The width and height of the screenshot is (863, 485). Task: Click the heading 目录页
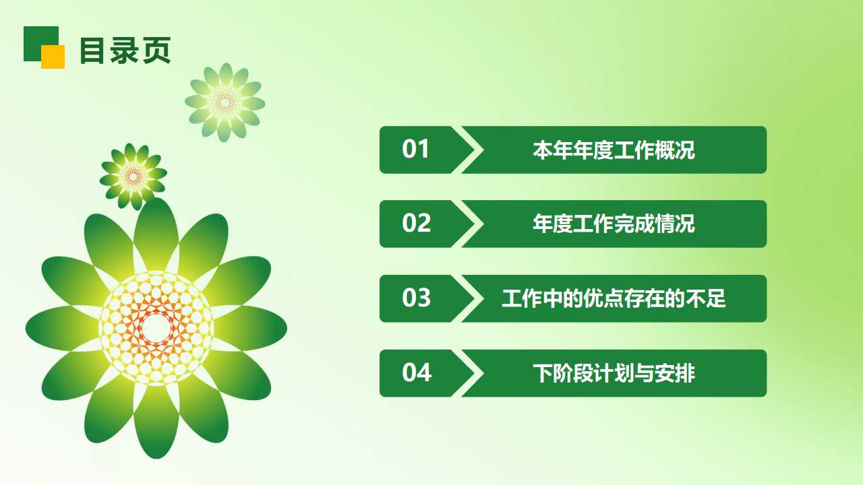(x=125, y=51)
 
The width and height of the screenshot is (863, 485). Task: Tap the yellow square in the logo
(x=53, y=57)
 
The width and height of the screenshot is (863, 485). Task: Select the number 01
(x=415, y=150)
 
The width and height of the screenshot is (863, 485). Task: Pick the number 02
(x=416, y=224)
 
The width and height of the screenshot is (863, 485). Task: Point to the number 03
(x=416, y=298)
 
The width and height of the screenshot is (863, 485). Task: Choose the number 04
(x=416, y=373)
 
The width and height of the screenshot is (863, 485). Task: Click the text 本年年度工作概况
(x=614, y=150)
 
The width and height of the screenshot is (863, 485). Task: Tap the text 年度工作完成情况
(x=614, y=224)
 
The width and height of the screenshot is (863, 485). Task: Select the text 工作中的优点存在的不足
(x=614, y=298)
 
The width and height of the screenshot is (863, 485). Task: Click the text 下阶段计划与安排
(x=614, y=373)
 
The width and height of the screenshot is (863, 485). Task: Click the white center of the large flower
(x=156, y=328)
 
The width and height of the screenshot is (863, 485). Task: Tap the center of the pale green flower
(x=225, y=102)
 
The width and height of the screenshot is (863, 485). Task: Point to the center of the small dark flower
(x=133, y=176)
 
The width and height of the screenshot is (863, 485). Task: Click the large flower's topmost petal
(x=156, y=229)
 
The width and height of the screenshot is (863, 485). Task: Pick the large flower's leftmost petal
(x=57, y=328)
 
